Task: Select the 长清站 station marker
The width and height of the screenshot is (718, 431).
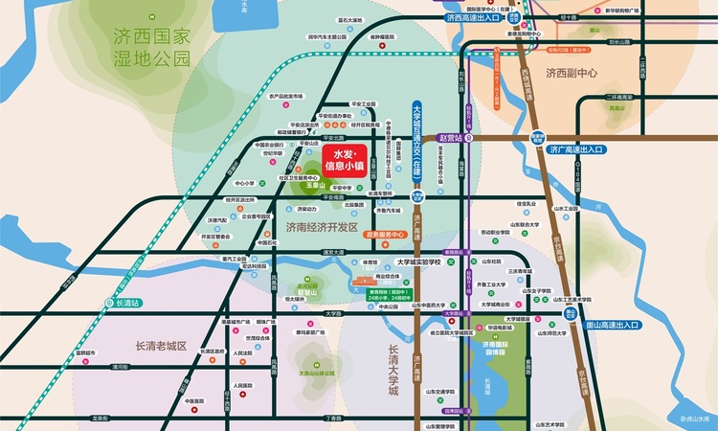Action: click(126, 302)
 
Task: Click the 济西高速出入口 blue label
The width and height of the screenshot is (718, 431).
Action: click(472, 17)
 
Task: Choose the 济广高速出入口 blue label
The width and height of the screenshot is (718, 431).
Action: click(576, 149)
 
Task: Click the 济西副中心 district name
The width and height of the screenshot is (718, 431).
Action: click(572, 72)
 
